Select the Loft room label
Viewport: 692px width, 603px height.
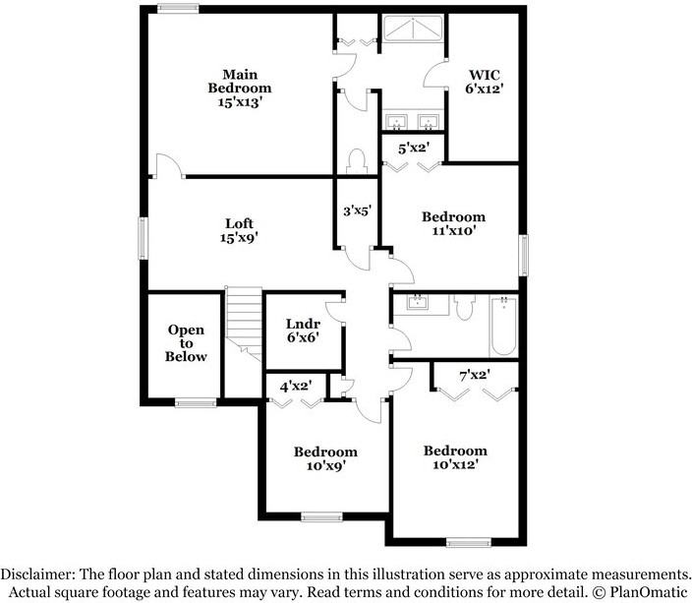[239, 229]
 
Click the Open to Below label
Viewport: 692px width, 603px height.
[186, 343]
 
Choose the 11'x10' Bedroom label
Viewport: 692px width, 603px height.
[453, 223]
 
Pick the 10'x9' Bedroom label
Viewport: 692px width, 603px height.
[325, 458]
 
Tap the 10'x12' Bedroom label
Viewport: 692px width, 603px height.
[455, 457]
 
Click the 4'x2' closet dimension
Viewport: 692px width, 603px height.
[296, 387]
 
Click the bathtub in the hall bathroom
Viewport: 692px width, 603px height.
[502, 326]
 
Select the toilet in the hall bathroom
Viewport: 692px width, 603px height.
[465, 308]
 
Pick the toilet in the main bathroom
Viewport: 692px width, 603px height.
[358, 161]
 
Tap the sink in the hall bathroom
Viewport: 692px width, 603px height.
[419, 301]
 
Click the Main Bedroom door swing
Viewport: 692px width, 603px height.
[167, 166]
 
